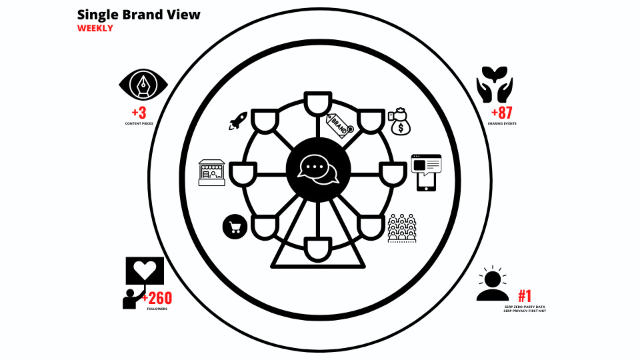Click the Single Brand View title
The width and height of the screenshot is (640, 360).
tap(139, 15)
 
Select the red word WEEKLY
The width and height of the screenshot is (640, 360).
tap(95, 29)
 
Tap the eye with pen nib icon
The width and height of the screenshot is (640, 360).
tap(143, 85)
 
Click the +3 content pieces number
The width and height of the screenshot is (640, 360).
tap(139, 112)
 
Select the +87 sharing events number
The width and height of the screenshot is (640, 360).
tap(501, 113)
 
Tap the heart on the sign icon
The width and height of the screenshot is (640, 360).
tap(146, 271)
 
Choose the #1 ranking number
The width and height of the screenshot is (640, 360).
tap(525, 297)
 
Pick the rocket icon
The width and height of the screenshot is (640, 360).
tap(238, 121)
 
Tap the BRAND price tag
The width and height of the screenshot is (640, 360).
tap(339, 124)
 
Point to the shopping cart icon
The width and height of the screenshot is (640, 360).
tap(235, 227)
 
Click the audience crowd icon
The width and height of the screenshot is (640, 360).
tap(401, 228)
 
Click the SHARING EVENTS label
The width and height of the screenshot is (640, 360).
tap(501, 124)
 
